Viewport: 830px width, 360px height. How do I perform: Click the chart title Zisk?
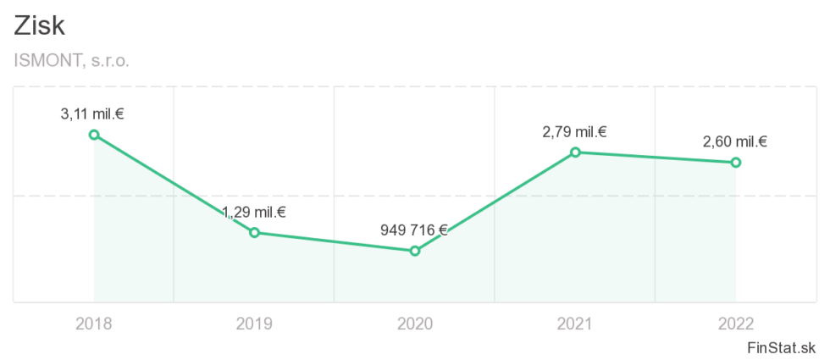[x=40, y=25]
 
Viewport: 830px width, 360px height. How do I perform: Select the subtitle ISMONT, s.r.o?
[x=72, y=61]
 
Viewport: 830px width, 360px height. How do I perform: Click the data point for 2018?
[x=94, y=135]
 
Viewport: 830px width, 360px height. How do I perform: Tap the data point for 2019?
[x=254, y=232]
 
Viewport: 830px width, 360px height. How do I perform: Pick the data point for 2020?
[x=415, y=251]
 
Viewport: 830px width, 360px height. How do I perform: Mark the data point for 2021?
[x=575, y=152]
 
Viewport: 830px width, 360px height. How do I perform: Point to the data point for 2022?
[x=735, y=162]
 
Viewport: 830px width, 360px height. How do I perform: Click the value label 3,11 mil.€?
[x=93, y=114]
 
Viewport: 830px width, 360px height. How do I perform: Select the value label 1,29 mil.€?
[x=254, y=212]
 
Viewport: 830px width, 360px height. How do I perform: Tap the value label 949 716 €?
[x=414, y=230]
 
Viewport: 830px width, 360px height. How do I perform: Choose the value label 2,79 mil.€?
[x=574, y=131]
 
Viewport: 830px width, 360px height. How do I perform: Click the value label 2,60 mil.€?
[x=734, y=141]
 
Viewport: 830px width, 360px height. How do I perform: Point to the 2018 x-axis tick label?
[x=93, y=323]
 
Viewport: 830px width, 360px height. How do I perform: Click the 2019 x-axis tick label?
[x=254, y=323]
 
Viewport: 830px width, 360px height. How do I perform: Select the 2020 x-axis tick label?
[x=414, y=323]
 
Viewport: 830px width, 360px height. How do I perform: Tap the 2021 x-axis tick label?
[x=574, y=323]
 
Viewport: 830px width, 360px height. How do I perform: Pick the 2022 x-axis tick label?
[x=734, y=323]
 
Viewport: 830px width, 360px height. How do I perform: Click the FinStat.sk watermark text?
[x=782, y=347]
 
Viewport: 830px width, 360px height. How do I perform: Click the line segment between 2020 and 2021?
[x=495, y=201]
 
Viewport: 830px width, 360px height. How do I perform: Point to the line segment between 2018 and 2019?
[x=174, y=183]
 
